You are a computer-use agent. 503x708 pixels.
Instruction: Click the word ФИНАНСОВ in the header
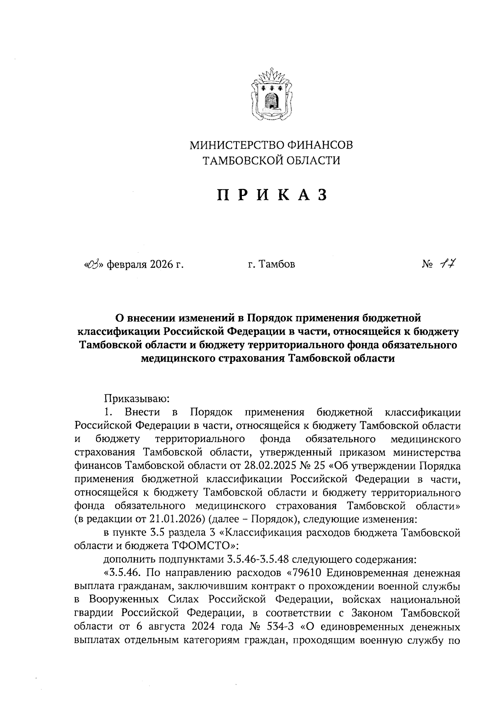pos(320,145)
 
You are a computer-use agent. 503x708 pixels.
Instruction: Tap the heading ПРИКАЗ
pos(271,195)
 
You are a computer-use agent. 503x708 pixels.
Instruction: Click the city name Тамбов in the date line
pos(277,264)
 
